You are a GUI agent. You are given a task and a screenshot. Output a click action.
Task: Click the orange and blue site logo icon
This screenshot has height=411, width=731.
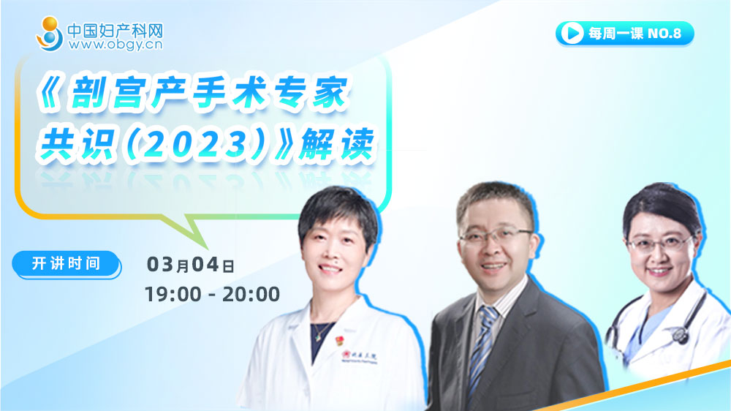pyautogui.click(x=50, y=34)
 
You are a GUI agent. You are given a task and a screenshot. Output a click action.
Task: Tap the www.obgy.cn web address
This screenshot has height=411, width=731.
pyautogui.click(x=115, y=45)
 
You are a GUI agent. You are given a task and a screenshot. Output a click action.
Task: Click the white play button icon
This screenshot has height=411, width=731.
pyautogui.click(x=572, y=33)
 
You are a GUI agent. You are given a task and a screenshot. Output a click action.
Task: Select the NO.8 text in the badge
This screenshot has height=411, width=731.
pyautogui.click(x=664, y=34)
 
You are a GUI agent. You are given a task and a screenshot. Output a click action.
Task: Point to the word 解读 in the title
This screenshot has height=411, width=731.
pyautogui.click(x=336, y=144)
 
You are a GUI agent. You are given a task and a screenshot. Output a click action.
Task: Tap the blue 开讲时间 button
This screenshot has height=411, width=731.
pyautogui.click(x=67, y=264)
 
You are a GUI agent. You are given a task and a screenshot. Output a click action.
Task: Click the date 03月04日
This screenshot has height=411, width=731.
pyautogui.click(x=190, y=265)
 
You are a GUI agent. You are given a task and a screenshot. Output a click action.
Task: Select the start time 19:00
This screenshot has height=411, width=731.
pyautogui.click(x=173, y=295)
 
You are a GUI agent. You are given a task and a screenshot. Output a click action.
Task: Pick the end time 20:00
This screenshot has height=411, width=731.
pyautogui.click(x=251, y=295)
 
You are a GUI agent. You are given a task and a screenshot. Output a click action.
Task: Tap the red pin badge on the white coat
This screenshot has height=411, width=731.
pyautogui.click(x=339, y=340)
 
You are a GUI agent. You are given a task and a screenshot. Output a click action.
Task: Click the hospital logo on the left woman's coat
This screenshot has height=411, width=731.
pyautogui.click(x=360, y=357)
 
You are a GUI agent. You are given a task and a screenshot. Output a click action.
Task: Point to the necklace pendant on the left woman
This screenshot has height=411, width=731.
pyautogui.click(x=317, y=337)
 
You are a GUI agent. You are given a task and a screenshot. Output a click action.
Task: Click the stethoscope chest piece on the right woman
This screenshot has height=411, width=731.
pyautogui.click(x=679, y=334)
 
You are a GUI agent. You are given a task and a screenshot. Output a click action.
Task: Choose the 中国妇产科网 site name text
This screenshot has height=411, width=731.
pyautogui.click(x=115, y=31)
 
